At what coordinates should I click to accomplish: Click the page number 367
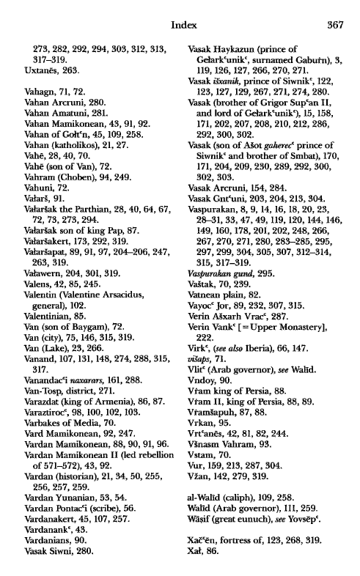click(x=334, y=23)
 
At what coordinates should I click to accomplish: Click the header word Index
click(x=181, y=23)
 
